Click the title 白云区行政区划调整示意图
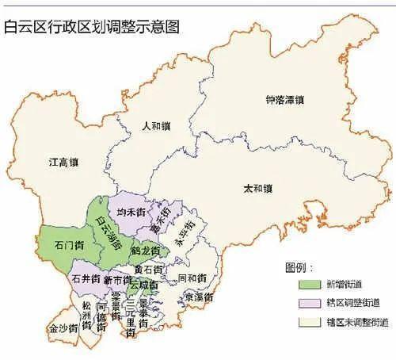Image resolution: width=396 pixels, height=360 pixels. coord(93,26)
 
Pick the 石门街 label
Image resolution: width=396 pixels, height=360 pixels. coord(67,245)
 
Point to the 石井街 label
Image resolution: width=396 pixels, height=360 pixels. coord(85,279)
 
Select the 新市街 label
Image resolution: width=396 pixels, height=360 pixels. coord(117,280)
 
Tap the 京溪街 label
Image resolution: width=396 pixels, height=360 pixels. coord(197,297)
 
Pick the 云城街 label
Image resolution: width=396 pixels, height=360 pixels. coord(144,284)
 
